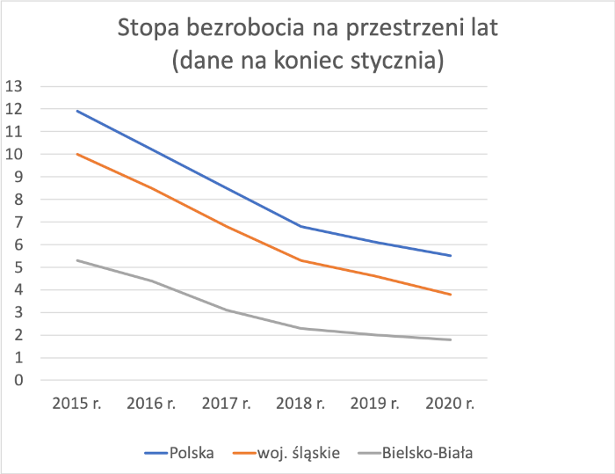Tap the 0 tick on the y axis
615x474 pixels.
coord(17,381)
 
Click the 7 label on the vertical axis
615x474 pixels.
coord(17,222)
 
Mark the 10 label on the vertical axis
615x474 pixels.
coord(13,154)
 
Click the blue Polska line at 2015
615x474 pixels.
coord(77,111)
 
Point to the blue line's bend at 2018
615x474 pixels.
coord(301,226)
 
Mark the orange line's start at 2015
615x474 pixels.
coord(77,154)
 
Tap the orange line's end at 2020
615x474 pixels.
coord(451,295)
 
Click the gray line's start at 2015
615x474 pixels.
coord(77,260)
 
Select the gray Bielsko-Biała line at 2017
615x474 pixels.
coord(227,310)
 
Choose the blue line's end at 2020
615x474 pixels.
coord(451,256)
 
